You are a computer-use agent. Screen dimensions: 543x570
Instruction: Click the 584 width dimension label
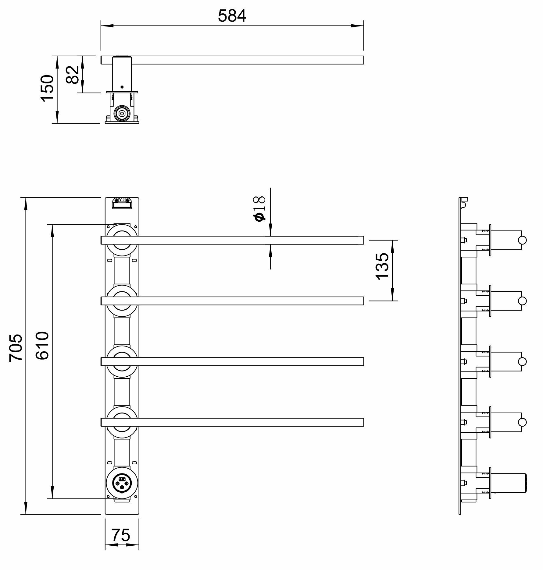232,16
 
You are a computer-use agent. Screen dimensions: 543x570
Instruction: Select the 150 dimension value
47,88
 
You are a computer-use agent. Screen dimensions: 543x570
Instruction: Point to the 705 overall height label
16,347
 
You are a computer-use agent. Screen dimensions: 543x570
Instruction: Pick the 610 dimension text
42,346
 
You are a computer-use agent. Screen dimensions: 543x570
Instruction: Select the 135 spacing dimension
382,266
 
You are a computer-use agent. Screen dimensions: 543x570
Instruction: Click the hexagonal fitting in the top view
122,114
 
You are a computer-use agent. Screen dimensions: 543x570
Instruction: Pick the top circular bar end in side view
523,241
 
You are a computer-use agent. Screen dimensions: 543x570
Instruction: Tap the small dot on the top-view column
122,87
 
